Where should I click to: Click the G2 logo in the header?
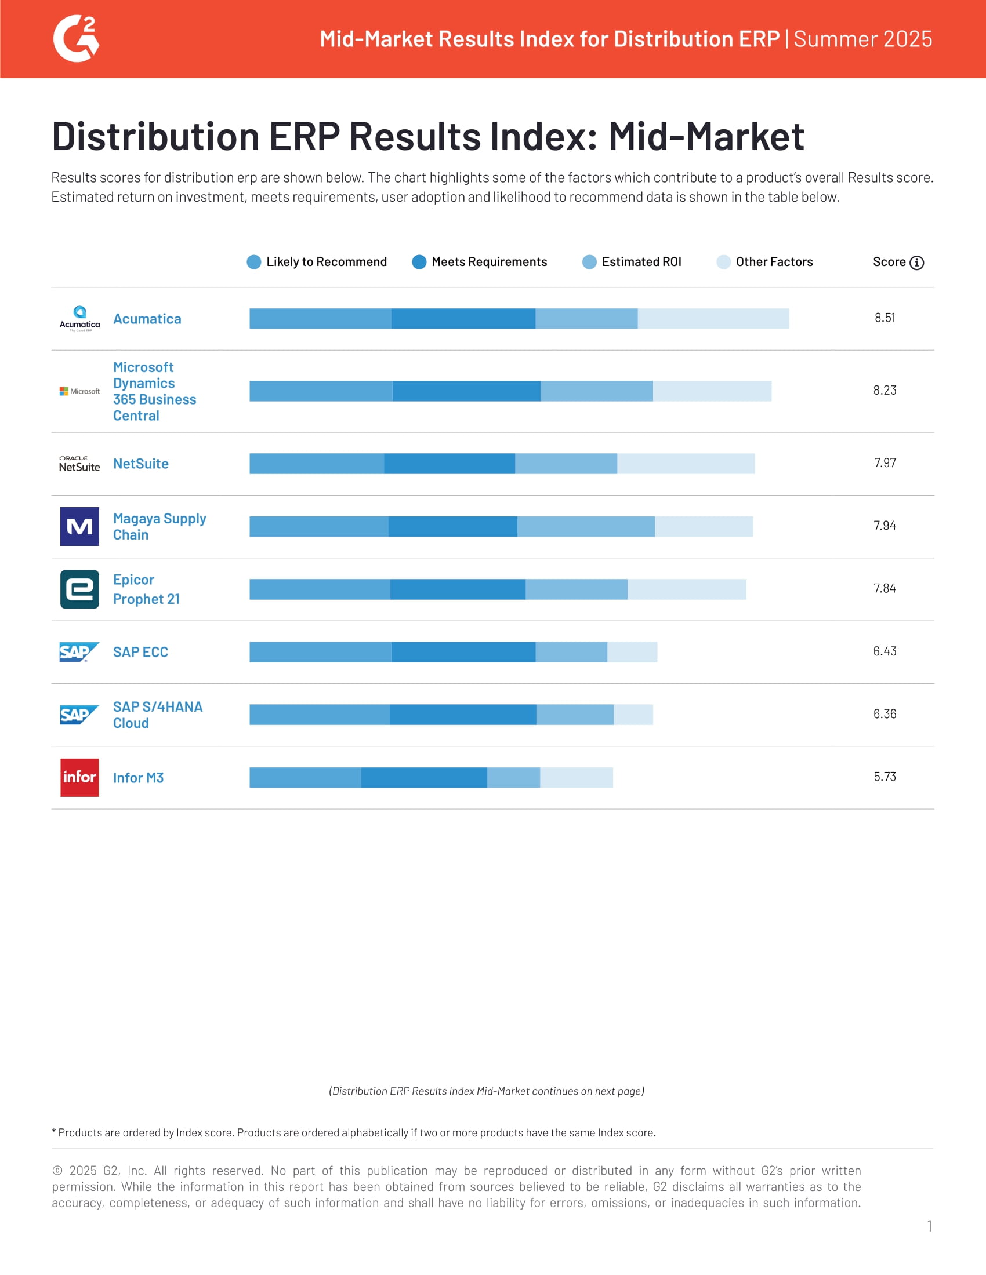click(76, 38)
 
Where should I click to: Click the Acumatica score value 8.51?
click(884, 318)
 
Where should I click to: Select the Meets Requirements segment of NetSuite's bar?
click(449, 464)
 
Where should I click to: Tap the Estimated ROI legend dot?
click(589, 262)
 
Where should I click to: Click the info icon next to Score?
click(916, 263)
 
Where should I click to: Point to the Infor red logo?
click(79, 777)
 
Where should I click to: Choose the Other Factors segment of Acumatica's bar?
click(713, 319)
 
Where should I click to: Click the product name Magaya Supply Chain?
click(159, 527)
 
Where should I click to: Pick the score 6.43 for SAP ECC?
click(884, 651)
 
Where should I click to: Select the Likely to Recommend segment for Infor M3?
click(305, 777)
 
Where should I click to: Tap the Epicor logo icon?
click(79, 589)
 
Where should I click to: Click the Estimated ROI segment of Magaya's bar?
click(585, 527)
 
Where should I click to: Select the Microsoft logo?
click(79, 391)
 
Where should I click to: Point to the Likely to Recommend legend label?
click(326, 262)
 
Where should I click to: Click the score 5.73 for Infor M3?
click(884, 777)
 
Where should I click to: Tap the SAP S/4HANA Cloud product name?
click(157, 715)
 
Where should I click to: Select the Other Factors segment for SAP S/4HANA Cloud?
click(633, 715)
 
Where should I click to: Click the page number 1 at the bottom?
click(929, 1226)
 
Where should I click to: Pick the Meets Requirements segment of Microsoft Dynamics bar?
click(466, 391)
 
